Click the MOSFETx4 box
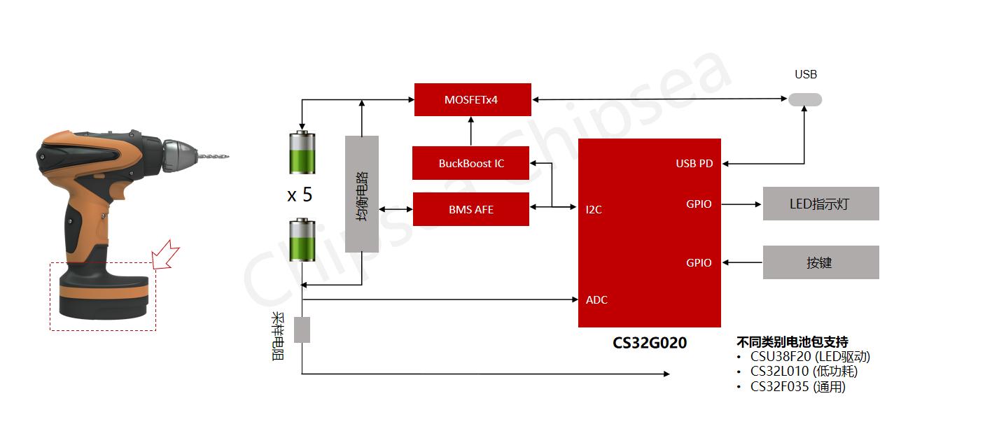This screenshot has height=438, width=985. (473, 99)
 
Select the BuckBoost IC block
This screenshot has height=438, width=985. (470, 163)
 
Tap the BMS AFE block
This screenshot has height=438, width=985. (470, 209)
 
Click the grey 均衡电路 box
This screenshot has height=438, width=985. (362, 194)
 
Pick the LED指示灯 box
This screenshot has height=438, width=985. (820, 204)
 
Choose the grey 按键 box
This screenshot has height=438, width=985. (820, 262)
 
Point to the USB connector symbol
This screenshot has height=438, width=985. (805, 99)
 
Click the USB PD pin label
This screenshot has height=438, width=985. (694, 164)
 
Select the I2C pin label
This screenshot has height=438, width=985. (594, 209)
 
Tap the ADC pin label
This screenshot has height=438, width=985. (596, 299)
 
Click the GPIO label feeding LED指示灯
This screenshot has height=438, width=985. (699, 204)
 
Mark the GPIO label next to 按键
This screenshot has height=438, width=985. (699, 263)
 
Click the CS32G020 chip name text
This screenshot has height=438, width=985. (650, 343)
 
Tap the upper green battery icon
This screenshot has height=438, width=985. (303, 152)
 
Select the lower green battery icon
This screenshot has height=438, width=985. (303, 240)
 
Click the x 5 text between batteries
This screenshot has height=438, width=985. (300, 195)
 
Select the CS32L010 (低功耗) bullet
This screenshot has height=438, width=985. (803, 372)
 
